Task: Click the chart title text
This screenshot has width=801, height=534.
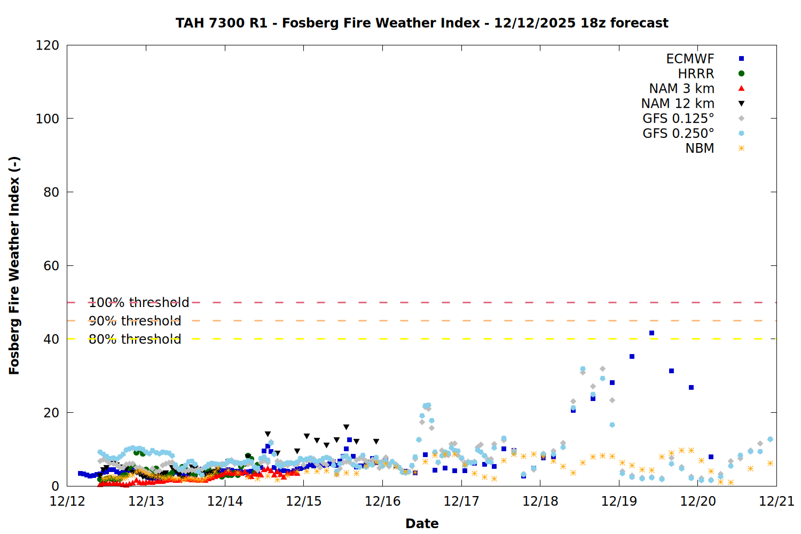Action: pyautogui.click(x=422, y=23)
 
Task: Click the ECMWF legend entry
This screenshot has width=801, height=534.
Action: pyautogui.click(x=690, y=59)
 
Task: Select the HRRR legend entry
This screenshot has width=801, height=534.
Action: pyautogui.click(x=696, y=74)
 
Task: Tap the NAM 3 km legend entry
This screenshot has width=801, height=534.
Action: pyautogui.click(x=681, y=89)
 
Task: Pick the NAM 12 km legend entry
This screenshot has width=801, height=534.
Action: pyautogui.click(x=678, y=104)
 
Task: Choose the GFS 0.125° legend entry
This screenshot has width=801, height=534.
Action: pyautogui.click(x=678, y=119)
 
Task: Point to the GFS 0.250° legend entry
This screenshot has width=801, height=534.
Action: pyautogui.click(x=678, y=133)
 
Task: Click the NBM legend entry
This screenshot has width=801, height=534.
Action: pyautogui.click(x=700, y=148)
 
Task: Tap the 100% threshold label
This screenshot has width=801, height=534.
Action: pyautogui.click(x=139, y=303)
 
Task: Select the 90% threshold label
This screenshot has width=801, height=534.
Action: pyautogui.click(x=135, y=321)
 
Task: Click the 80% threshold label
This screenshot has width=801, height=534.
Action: pyautogui.click(x=135, y=339)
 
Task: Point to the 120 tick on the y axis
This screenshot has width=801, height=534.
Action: pyautogui.click(x=48, y=45)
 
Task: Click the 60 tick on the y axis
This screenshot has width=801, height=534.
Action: pyautogui.click(x=51, y=266)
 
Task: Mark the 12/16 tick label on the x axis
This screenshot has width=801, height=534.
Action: pyautogui.click(x=383, y=501)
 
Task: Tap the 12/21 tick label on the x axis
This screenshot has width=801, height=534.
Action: pyautogui.click(x=776, y=501)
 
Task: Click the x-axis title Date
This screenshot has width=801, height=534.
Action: pyautogui.click(x=422, y=523)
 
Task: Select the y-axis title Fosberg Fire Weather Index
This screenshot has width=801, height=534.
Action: pyautogui.click(x=14, y=265)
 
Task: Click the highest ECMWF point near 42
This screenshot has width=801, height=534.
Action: pyautogui.click(x=651, y=333)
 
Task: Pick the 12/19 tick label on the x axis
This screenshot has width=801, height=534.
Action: pyautogui.click(x=619, y=501)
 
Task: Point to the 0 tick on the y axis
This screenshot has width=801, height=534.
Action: pyautogui.click(x=56, y=486)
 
